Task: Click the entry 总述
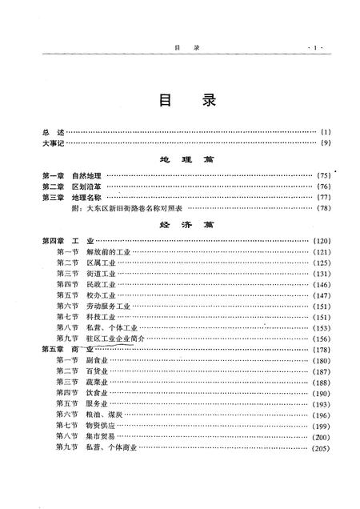[52, 130]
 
